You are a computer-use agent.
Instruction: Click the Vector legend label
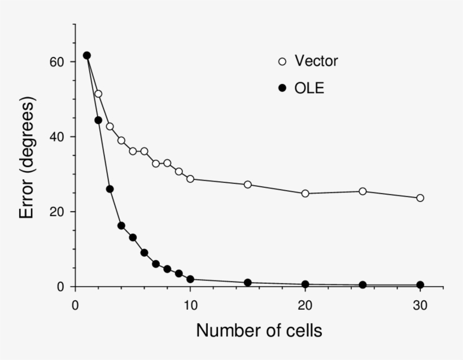click(x=316, y=61)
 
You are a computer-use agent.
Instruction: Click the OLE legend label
click(x=309, y=88)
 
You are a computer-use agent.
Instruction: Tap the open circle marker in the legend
click(x=283, y=61)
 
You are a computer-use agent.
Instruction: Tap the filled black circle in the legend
click(x=283, y=88)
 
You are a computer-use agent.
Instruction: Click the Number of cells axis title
click(x=259, y=331)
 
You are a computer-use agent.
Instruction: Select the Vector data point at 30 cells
click(x=420, y=198)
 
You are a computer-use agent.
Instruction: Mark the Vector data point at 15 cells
click(x=248, y=185)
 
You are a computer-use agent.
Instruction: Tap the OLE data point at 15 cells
click(x=248, y=283)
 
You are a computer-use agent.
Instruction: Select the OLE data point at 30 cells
click(x=420, y=285)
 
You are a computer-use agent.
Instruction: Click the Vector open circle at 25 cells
click(x=362, y=191)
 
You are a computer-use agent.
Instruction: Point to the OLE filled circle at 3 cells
click(x=110, y=189)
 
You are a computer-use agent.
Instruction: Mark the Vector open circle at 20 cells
click(x=305, y=194)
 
